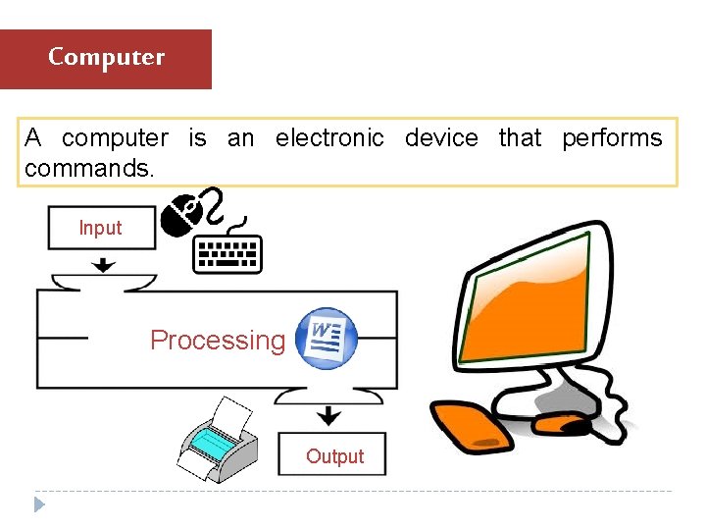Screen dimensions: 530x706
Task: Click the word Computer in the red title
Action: [x=106, y=57]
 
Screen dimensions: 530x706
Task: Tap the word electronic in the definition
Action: [x=329, y=138]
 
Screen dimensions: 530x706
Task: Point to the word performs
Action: [x=612, y=138]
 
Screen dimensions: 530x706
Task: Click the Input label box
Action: [x=101, y=228]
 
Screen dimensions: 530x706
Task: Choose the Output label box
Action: [x=333, y=455]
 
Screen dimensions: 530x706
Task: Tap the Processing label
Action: [x=217, y=341]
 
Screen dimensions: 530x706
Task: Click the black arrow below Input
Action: [x=102, y=264]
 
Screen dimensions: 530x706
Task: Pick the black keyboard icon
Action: [x=227, y=253]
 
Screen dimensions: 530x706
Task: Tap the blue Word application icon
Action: [x=328, y=337]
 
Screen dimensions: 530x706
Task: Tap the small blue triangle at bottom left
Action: [x=39, y=504]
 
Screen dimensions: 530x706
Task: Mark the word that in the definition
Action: [x=520, y=138]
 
